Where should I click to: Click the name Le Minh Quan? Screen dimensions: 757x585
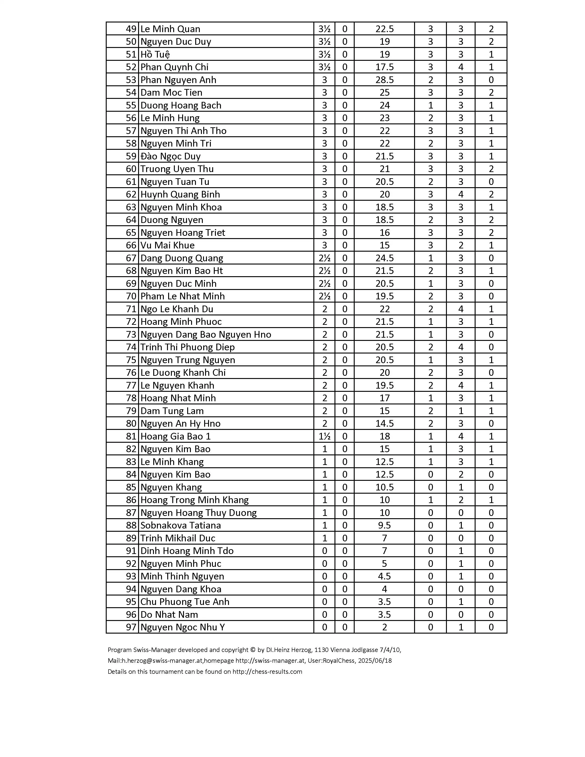click(x=170, y=29)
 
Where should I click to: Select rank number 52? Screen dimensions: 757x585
click(x=131, y=67)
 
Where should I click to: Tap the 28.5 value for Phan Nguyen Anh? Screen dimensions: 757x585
click(x=384, y=80)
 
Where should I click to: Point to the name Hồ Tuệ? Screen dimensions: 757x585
click(x=155, y=54)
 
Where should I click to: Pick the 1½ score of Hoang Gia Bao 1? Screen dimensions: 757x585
click(x=324, y=436)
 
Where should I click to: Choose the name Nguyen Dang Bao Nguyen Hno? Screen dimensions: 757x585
click(x=206, y=334)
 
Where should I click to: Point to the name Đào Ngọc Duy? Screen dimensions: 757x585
click(x=170, y=156)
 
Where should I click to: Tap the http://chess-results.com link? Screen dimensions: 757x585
click(x=267, y=672)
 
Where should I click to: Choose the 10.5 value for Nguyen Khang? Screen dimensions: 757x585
click(x=384, y=487)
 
